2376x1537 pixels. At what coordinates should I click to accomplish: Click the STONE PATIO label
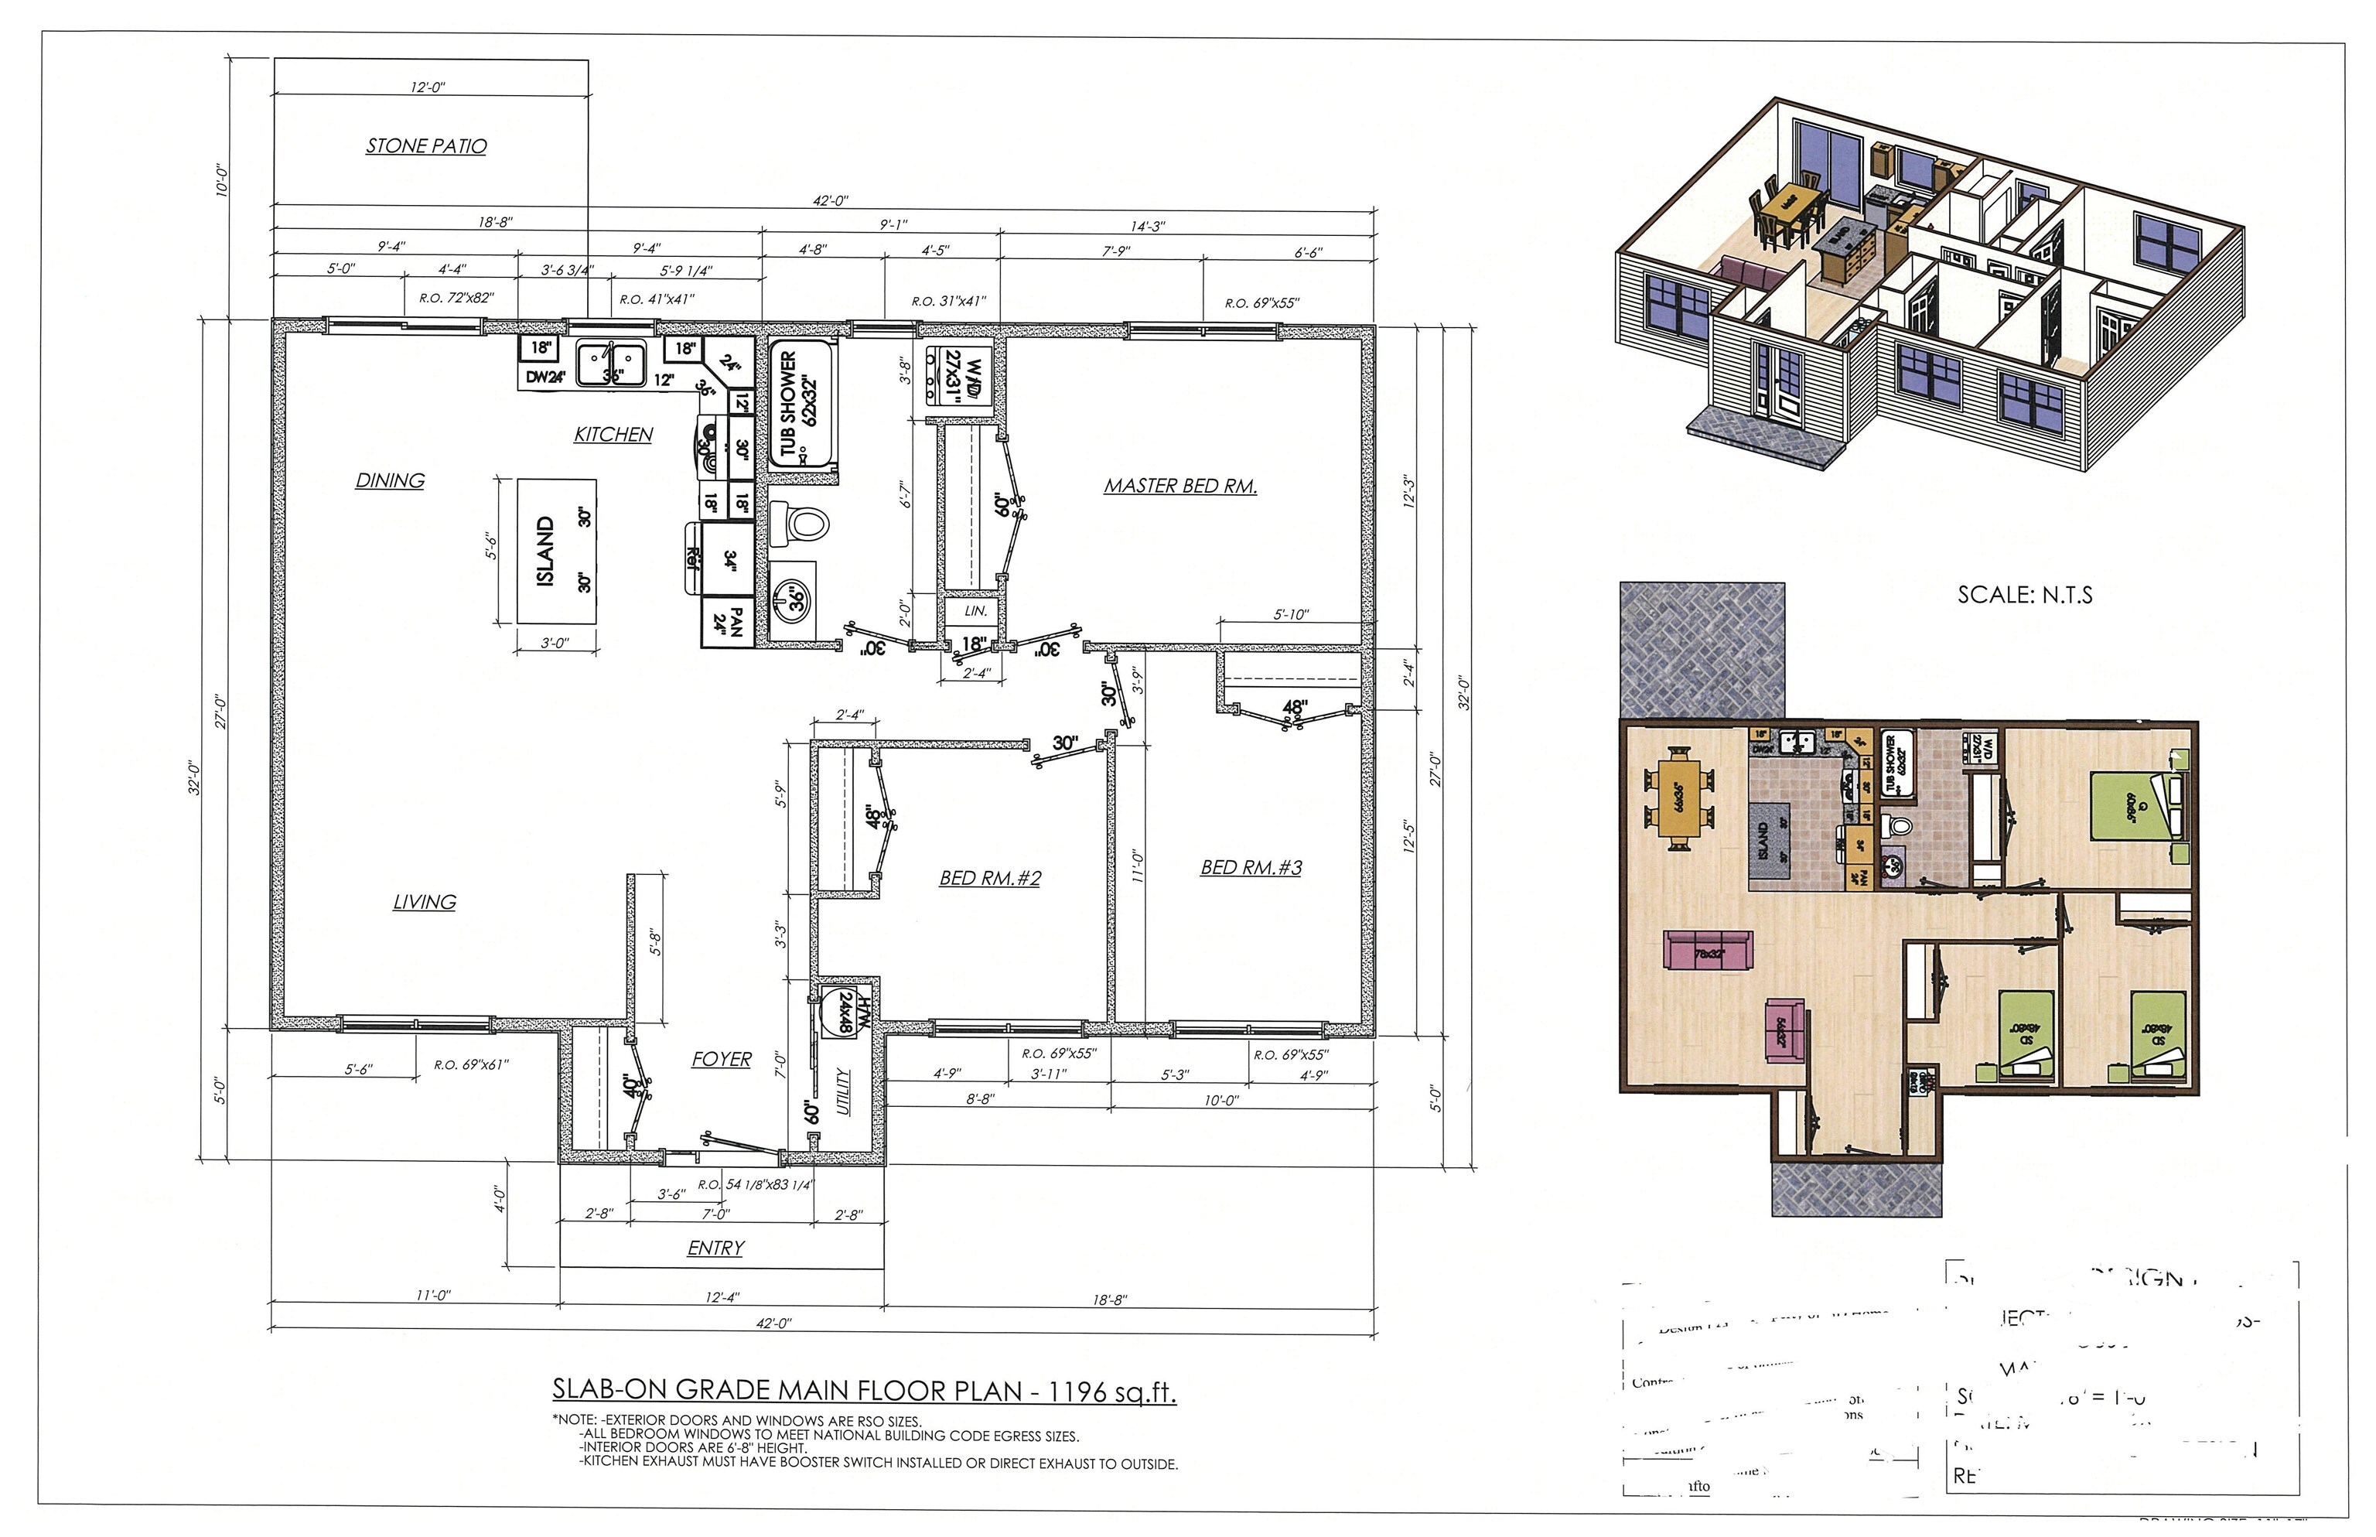426,145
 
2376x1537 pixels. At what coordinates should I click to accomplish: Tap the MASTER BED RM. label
1179,486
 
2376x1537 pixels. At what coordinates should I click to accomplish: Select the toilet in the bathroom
801,523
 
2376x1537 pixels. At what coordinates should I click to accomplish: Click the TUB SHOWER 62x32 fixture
801,405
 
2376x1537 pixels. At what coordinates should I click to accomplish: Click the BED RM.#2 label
990,878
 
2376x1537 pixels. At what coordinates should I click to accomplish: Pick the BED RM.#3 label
1251,867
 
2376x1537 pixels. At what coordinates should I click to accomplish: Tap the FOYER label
721,1059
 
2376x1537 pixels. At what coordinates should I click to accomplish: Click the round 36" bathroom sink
794,599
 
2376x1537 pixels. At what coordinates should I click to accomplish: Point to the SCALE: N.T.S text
2025,596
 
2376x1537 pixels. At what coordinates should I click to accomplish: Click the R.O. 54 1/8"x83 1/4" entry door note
756,1185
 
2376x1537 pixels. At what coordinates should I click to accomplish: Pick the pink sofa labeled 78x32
1709,950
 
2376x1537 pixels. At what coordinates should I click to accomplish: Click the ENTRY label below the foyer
715,1248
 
